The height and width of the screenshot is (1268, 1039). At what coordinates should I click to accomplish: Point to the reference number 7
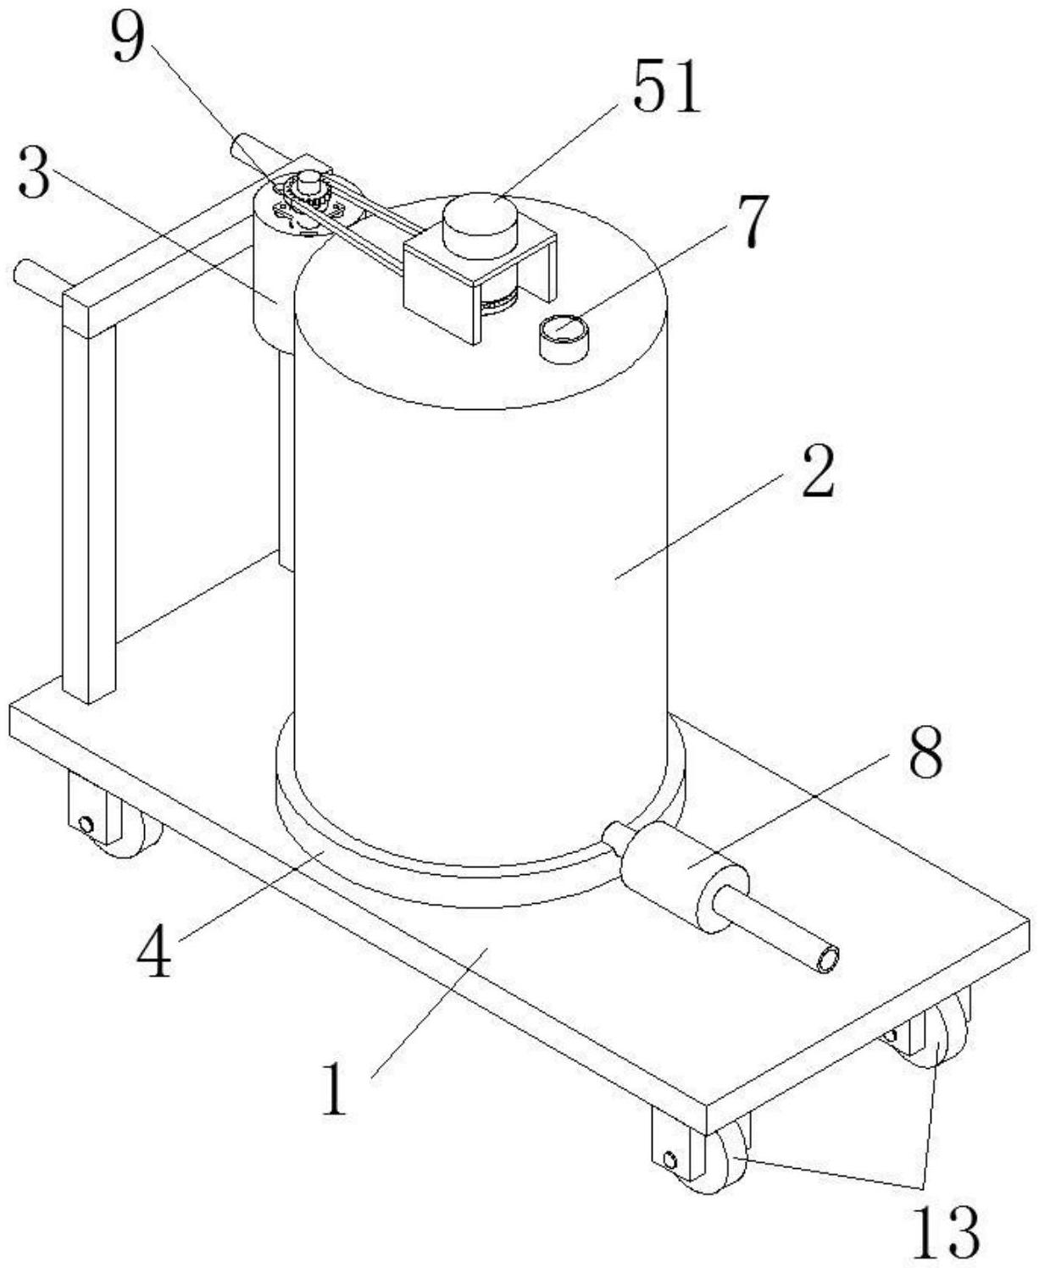(x=751, y=222)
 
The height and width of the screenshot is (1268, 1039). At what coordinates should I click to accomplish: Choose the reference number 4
(x=155, y=951)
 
